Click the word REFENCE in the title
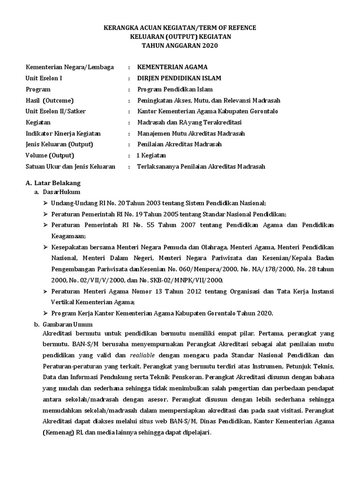[x=240, y=28]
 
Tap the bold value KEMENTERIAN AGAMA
[x=172, y=67]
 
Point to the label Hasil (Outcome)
[x=50, y=100]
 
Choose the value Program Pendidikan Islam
[x=175, y=89]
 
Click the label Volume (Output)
[x=50, y=155]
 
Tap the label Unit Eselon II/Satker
[x=56, y=111]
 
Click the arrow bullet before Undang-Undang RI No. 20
[x=45, y=203]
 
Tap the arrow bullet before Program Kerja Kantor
[x=45, y=313]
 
